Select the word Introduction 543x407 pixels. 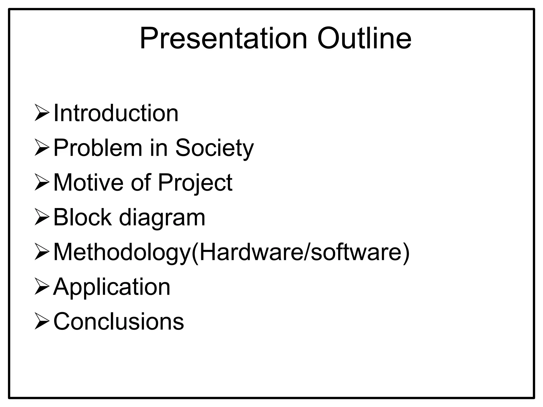tap(116, 113)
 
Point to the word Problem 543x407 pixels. tap(98, 148)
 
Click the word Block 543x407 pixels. tap(82, 217)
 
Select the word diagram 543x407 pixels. tap(162, 218)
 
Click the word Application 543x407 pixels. tap(112, 287)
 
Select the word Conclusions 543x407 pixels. tap(119, 321)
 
